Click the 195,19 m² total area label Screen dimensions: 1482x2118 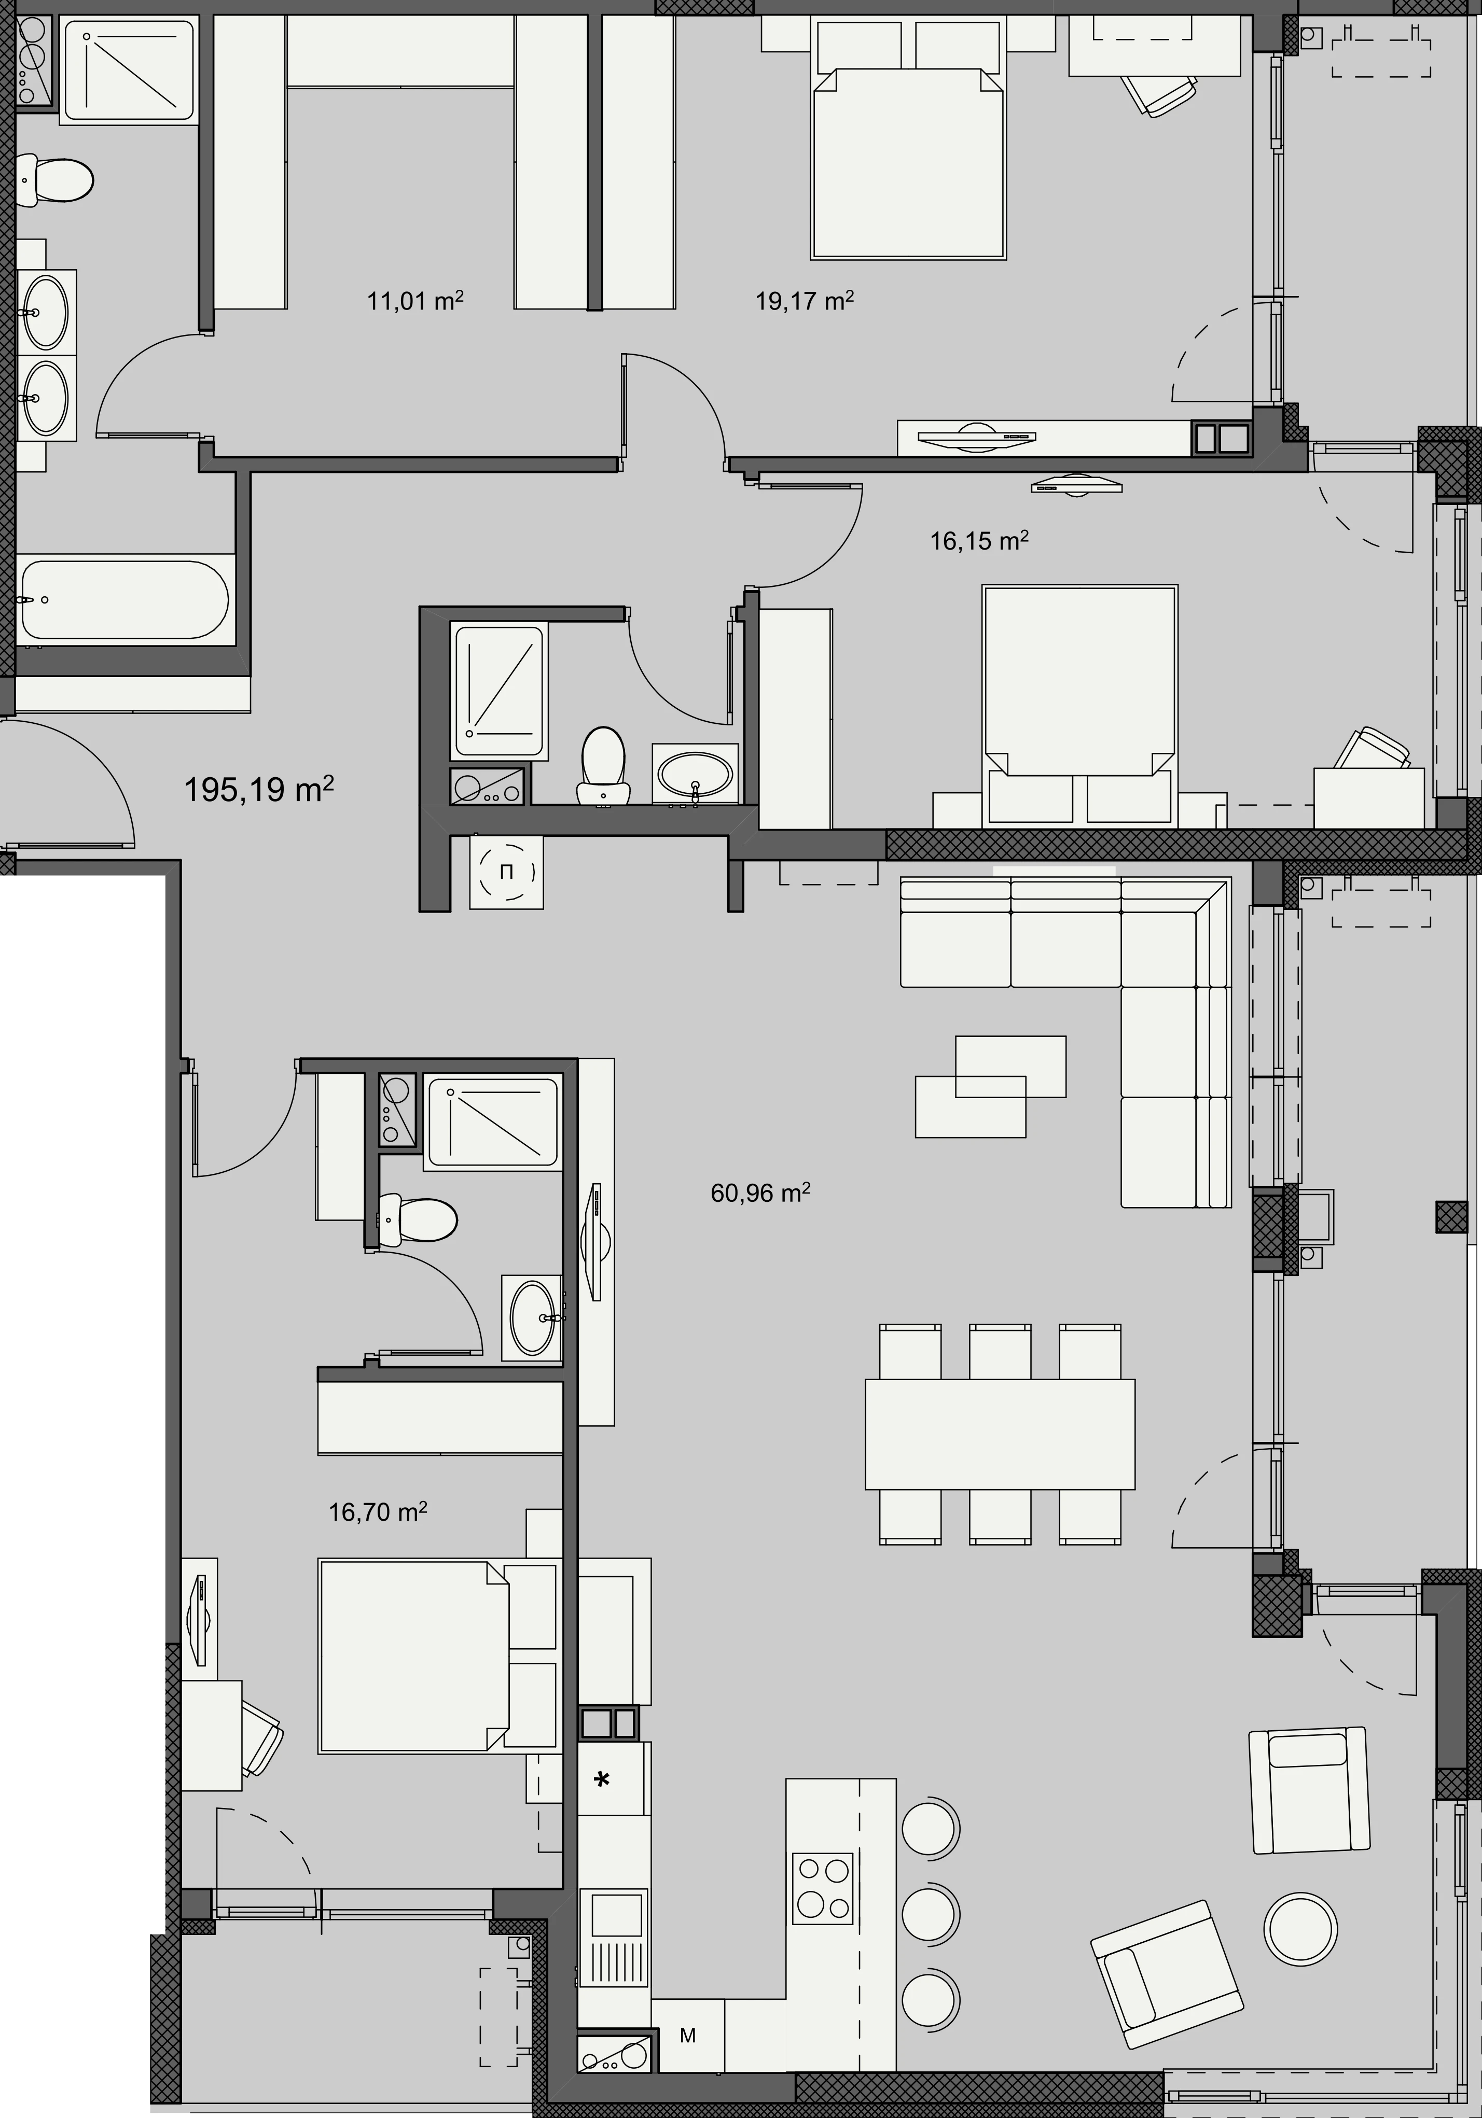point(259,790)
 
